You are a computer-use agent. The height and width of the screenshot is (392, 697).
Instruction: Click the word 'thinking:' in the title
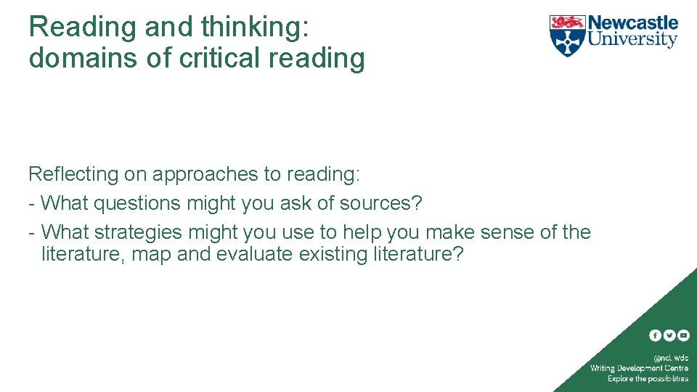(x=256, y=28)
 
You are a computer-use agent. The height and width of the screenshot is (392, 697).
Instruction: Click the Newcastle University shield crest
(x=567, y=35)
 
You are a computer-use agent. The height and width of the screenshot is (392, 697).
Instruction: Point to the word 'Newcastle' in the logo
(x=632, y=23)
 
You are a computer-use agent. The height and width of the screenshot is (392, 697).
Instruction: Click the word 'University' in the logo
(x=632, y=39)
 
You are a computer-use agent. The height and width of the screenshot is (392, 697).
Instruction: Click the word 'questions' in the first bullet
(x=137, y=204)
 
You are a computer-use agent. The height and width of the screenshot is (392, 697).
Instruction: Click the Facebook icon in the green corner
(x=655, y=335)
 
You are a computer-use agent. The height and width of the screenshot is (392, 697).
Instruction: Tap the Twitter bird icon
(x=669, y=335)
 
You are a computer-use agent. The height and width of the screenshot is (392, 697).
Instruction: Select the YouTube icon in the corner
(x=683, y=335)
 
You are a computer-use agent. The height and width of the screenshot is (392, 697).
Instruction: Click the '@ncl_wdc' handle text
(x=671, y=358)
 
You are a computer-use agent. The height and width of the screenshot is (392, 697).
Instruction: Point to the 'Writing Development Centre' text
(x=639, y=368)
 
